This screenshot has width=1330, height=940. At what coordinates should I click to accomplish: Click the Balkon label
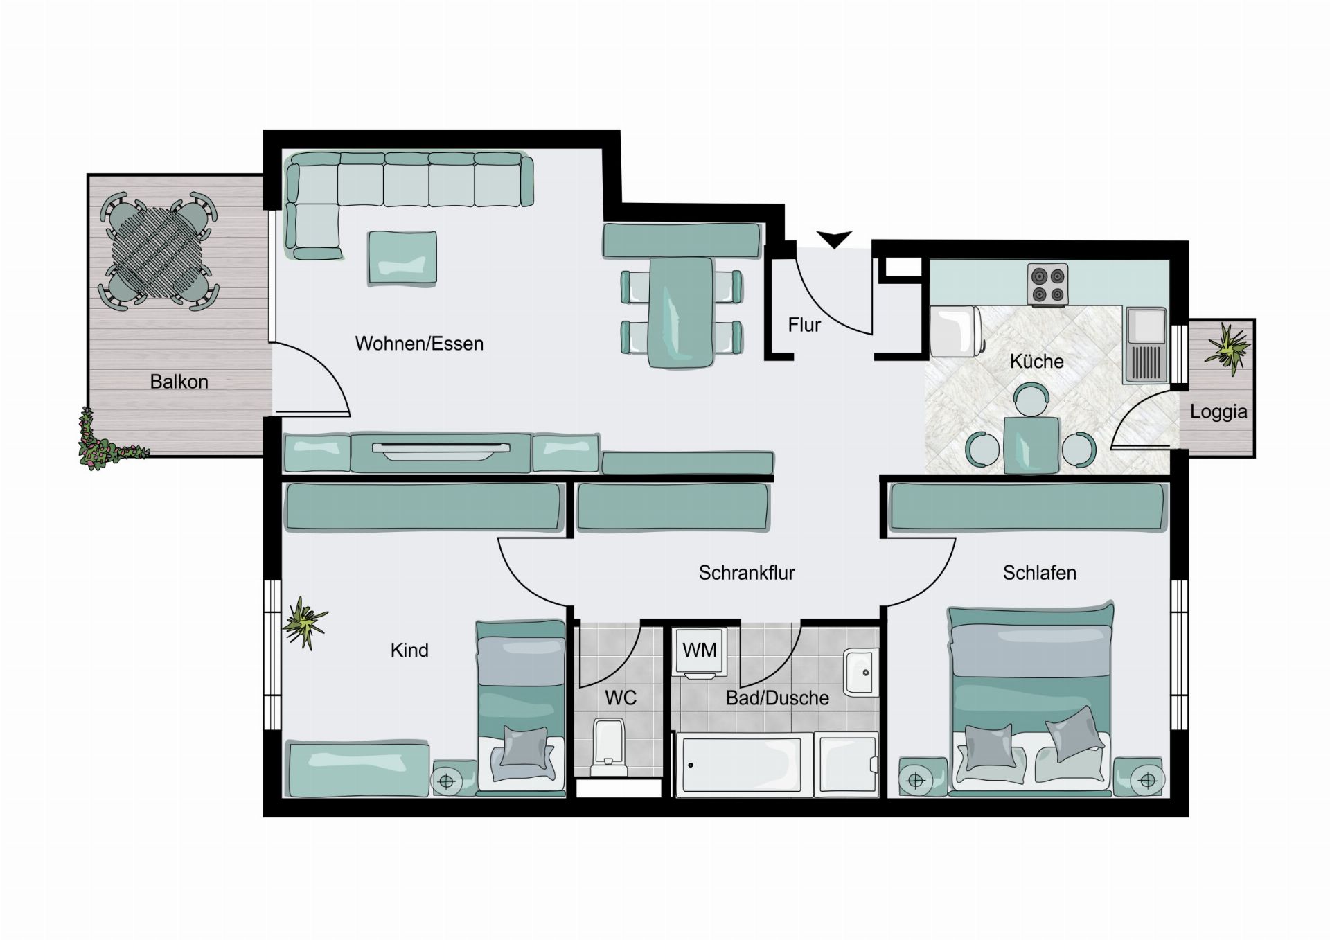tap(179, 382)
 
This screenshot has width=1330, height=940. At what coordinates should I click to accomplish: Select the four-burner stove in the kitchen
tap(1047, 285)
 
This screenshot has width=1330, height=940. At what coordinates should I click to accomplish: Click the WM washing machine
tap(700, 652)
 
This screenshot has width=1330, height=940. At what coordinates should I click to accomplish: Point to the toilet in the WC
tap(610, 748)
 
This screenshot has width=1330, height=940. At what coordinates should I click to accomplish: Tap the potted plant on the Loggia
tap(1227, 348)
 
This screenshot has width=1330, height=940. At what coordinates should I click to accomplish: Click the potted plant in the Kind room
tap(305, 623)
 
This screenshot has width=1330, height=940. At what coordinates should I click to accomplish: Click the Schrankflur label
tap(747, 573)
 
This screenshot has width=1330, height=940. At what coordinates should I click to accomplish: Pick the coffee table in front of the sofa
tap(402, 258)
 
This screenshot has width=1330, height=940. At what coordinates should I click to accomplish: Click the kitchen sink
tap(1146, 345)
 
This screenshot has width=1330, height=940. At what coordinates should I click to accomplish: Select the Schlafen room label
tap(1039, 573)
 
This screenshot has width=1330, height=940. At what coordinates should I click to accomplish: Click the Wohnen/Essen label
tap(419, 344)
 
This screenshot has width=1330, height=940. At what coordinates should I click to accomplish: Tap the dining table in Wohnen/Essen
tap(680, 312)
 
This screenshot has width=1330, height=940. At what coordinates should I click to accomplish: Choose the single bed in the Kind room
tap(520, 706)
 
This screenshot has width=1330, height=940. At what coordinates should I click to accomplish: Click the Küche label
tap(1036, 361)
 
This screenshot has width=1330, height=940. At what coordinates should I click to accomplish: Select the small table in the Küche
tap(1031, 445)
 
